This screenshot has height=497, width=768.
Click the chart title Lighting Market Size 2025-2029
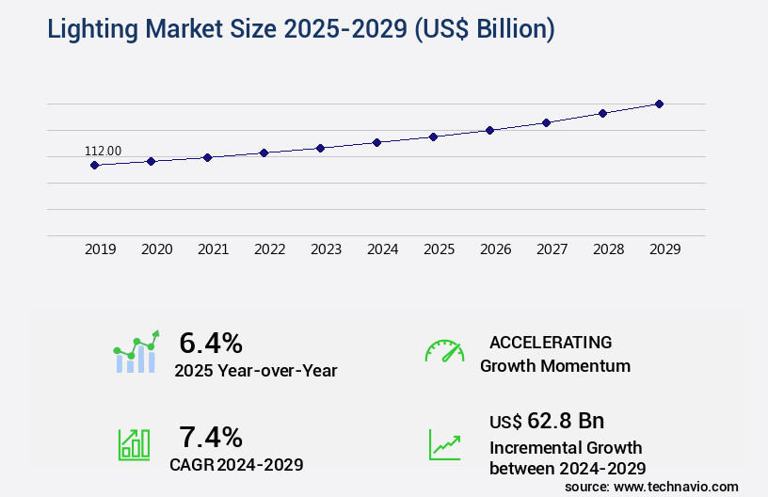coord(300,29)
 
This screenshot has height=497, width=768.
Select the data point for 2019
coord(94,165)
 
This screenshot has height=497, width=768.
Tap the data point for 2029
coord(659,104)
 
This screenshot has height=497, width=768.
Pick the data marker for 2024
coord(376,142)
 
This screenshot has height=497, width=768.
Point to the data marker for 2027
coord(546,122)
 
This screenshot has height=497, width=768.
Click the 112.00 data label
coord(103,151)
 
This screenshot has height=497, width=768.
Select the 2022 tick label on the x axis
coord(269,249)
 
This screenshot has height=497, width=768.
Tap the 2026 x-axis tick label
coord(495,249)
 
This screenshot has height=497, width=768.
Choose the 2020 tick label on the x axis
coord(156,249)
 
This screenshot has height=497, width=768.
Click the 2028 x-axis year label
coord(608,249)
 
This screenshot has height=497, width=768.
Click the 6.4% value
coord(211,343)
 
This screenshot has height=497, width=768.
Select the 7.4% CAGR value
coord(211,437)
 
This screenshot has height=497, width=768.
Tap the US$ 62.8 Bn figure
coord(547,420)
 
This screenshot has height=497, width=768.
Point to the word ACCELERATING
coord(551,343)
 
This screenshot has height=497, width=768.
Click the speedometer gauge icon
coord(444,351)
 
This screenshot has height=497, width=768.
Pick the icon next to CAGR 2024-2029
coord(134,444)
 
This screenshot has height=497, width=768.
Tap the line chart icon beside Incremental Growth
coord(444,444)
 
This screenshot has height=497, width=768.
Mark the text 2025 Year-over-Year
coord(255,370)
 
